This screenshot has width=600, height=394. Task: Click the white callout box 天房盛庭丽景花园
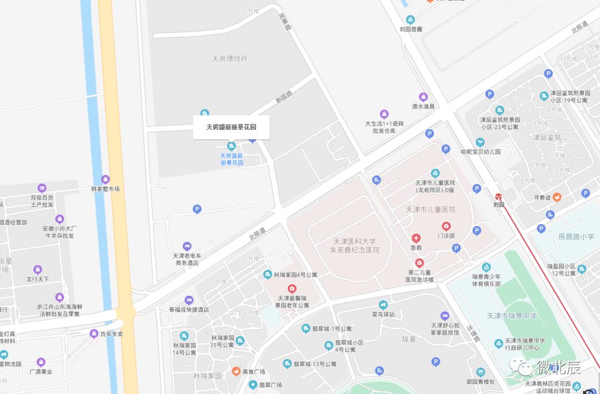pos(231,127)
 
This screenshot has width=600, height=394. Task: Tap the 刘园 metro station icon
pos(499,196)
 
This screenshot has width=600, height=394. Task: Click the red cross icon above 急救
pos(416,238)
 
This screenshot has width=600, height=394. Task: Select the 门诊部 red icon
pos(446,226)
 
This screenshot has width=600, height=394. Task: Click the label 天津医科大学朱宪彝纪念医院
pos(354,246)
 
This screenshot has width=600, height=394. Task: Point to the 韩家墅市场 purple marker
pos(105,179)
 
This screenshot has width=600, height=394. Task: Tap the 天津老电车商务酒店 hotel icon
pos(187,246)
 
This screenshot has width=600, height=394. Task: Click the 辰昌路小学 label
pos(576,236)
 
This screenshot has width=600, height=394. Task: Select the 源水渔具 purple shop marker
pos(423,97)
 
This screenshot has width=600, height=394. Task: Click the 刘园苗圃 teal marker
pos(410,19)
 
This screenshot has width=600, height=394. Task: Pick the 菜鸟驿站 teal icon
pos(383,304)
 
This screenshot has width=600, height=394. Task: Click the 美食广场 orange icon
pos(236,371)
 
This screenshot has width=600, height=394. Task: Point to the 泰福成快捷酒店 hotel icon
pos(189,300)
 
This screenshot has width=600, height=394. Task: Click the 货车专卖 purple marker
pos(94,334)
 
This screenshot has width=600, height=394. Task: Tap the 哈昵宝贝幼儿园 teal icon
pos(480,142)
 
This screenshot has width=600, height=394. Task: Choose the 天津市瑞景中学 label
pos(512,316)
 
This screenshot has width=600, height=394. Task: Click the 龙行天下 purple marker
pos(38,270)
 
